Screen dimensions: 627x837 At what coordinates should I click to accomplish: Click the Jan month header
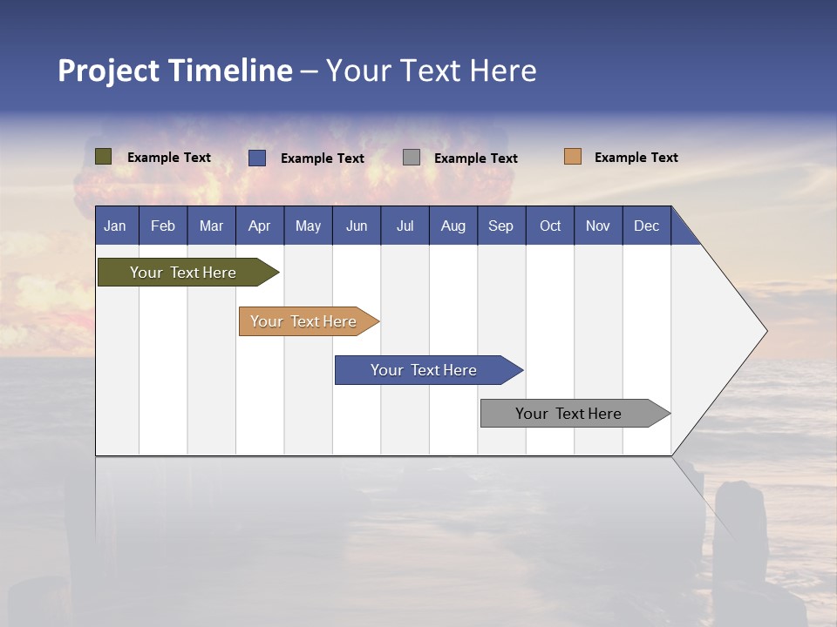[x=115, y=226]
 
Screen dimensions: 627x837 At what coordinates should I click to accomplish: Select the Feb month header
[x=163, y=226]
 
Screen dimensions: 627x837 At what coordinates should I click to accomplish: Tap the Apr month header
[x=260, y=226]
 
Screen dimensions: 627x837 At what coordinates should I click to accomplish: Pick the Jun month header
[x=357, y=226]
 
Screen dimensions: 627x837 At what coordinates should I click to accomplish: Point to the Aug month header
[x=453, y=226]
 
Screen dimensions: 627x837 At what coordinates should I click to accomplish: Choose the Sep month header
[x=501, y=226]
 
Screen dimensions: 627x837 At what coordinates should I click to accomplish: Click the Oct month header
[x=550, y=226]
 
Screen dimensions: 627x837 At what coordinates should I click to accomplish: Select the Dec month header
[x=647, y=226]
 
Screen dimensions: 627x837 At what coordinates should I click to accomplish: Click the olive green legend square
[x=104, y=157]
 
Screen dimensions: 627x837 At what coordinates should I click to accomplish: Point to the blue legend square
[x=257, y=158]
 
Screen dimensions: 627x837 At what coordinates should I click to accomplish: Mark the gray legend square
[x=412, y=158]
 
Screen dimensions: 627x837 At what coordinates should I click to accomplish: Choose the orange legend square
[x=573, y=157]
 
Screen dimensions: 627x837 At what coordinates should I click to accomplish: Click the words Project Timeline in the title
[x=175, y=71]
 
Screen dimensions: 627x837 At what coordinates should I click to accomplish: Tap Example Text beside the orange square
[x=636, y=158]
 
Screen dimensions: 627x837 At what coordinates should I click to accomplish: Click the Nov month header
[x=598, y=226]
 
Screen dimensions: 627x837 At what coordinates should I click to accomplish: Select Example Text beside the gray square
[x=476, y=158]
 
